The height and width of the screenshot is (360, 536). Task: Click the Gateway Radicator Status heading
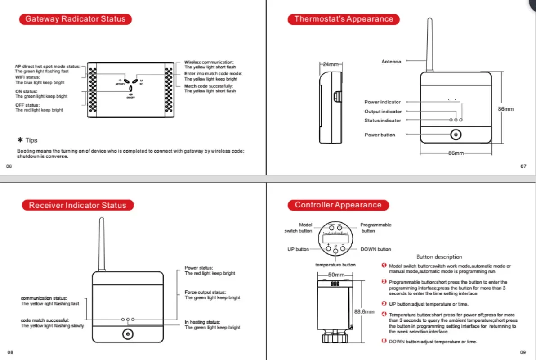(x=75, y=19)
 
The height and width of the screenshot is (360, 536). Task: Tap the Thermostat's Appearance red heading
(x=344, y=19)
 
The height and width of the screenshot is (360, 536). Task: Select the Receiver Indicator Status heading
(x=78, y=205)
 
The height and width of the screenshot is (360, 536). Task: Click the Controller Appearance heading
(x=338, y=205)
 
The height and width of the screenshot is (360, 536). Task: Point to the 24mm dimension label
(x=331, y=64)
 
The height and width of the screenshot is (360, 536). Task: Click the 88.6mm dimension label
(x=364, y=311)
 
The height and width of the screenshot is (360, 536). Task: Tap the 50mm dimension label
(x=336, y=274)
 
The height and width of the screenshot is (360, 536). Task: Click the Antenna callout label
(x=391, y=62)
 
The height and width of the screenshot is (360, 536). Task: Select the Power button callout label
(x=380, y=135)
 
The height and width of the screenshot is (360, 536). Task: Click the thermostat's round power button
(x=456, y=135)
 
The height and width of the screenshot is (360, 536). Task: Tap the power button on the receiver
(x=128, y=334)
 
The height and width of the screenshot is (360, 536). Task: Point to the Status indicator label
(x=383, y=121)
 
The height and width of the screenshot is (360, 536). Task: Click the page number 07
(x=523, y=166)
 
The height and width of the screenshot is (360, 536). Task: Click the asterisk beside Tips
(x=20, y=140)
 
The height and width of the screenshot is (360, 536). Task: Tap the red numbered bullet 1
(x=384, y=265)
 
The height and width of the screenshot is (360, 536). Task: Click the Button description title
(x=439, y=257)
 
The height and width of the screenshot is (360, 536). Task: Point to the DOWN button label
(x=375, y=249)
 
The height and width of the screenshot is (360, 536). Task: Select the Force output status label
(x=205, y=292)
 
